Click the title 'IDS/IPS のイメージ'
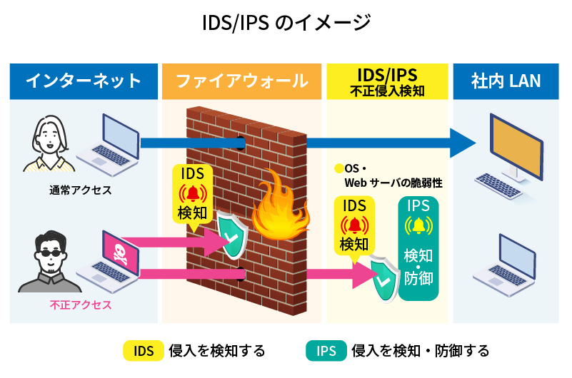286,23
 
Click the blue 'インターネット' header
84,81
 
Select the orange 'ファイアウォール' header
242,81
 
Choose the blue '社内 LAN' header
506,81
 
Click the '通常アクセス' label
81,190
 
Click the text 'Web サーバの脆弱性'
393,183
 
